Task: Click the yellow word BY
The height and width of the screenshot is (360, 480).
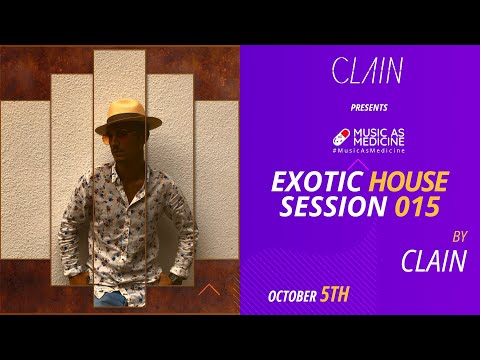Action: (x=460, y=238)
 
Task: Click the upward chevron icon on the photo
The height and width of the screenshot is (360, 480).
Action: (x=210, y=290)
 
